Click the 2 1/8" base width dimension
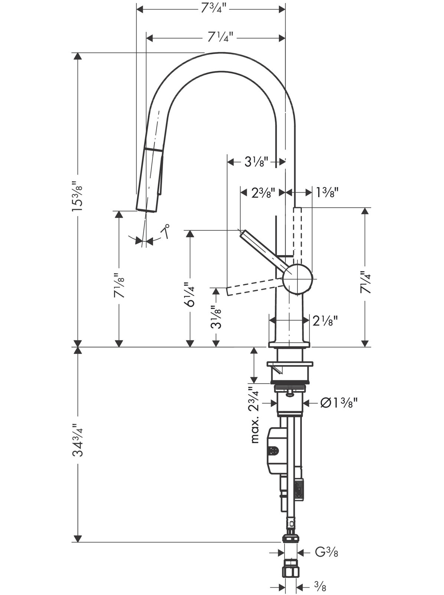point(325,322)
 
